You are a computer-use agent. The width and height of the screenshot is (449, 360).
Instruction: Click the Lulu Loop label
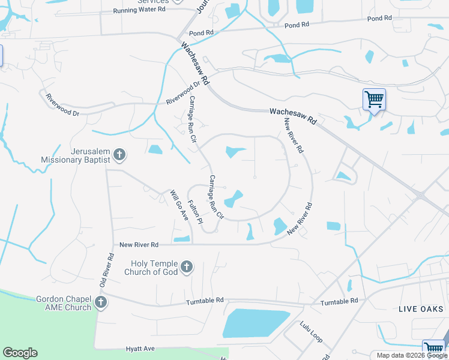click(312, 332)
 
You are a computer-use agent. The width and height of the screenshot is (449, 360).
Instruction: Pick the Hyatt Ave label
click(140, 348)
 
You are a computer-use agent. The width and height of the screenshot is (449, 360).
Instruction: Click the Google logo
click(20, 353)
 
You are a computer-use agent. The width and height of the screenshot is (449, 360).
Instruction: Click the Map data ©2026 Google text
click(412, 355)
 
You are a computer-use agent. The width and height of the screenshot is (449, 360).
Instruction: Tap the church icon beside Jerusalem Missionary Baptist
click(119, 155)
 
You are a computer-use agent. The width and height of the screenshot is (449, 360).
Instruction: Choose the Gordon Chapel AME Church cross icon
click(100, 302)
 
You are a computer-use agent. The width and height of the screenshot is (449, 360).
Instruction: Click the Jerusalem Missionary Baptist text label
click(76, 156)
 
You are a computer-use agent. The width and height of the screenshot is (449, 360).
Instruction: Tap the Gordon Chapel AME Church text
click(64, 303)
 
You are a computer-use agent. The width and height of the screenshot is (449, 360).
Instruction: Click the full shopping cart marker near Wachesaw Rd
click(374, 98)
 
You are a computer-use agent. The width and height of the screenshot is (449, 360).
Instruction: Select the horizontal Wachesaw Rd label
click(293, 116)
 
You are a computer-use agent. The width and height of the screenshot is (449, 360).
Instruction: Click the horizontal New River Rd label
click(139, 245)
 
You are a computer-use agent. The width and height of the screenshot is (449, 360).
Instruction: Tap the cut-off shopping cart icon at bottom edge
click(433, 350)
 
